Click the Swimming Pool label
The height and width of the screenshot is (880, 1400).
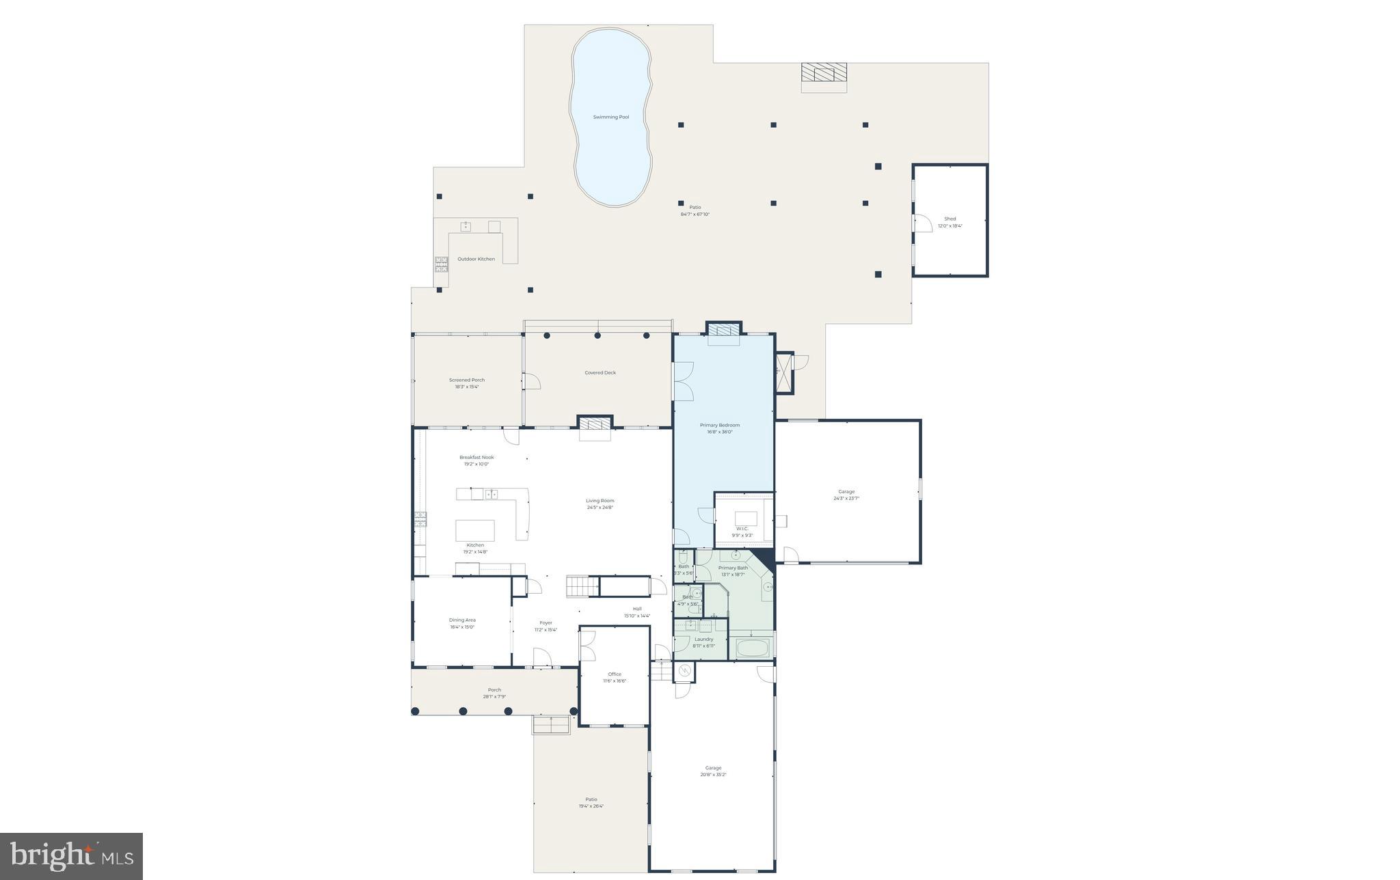(610, 118)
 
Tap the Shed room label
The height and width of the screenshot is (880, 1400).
(950, 219)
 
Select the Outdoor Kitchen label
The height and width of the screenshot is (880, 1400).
(476, 260)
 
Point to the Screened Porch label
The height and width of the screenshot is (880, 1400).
(467, 381)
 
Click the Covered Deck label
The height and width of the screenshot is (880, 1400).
(600, 373)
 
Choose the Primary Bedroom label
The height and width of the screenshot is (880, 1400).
(720, 426)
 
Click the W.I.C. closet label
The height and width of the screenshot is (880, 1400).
(742, 529)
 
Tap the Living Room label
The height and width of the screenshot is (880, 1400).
(600, 501)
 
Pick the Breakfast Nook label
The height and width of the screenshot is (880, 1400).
(476, 458)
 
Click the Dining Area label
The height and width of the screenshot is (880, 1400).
(462, 620)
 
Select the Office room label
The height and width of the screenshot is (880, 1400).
(615, 674)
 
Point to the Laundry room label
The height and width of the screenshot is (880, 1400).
(703, 640)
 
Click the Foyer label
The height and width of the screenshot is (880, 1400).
(546, 623)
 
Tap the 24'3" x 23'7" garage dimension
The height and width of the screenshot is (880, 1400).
(846, 499)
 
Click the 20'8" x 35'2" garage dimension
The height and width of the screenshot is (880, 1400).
(713, 775)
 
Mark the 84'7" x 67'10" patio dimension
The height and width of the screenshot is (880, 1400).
(695, 215)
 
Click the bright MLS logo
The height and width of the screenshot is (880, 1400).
(71, 856)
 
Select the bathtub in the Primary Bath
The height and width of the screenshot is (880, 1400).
(752, 648)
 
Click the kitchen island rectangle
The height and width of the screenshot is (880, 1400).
(475, 531)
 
